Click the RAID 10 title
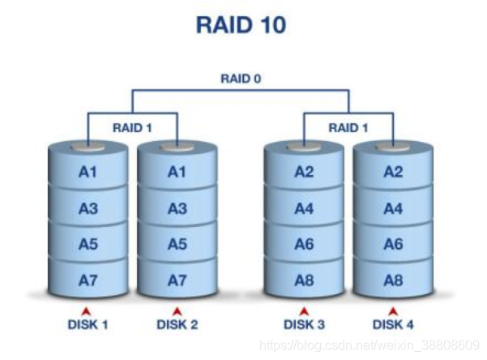[241, 25]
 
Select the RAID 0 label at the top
[241, 79]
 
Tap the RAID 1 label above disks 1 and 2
[131, 127]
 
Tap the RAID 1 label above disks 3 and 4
[348, 127]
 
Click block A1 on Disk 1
[88, 172]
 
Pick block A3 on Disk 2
[177, 208]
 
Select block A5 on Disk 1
[88, 244]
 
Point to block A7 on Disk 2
[177, 280]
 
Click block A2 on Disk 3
[304, 172]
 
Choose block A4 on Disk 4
[393, 208]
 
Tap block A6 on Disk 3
[304, 244]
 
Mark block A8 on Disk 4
[393, 280]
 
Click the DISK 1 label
[88, 324]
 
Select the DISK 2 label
[177, 324]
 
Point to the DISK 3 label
[304, 324]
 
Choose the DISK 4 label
[393, 324]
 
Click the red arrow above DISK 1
[88, 311]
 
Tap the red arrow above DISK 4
[393, 311]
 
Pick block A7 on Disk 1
[88, 280]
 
